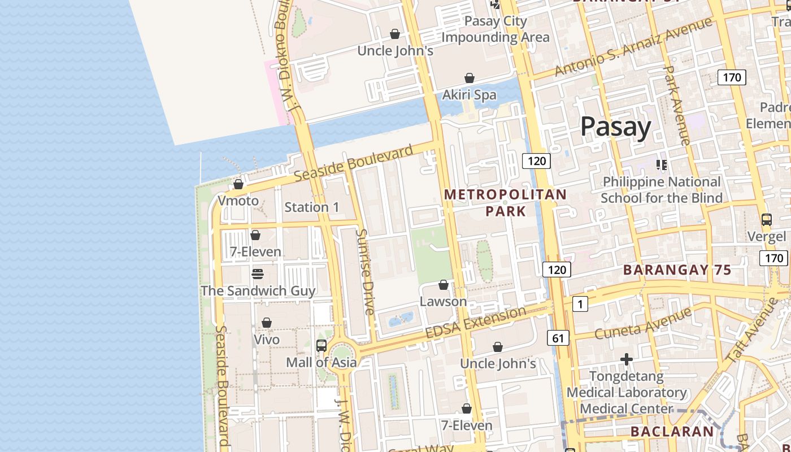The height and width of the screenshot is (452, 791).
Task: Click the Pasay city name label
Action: coord(616,127)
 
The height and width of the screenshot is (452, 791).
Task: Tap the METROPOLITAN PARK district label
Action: coord(505,203)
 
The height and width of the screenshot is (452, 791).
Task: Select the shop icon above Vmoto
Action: coord(238,184)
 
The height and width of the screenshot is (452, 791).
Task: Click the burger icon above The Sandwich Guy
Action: coord(258,274)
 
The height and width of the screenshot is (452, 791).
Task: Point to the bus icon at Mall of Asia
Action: coord(321,345)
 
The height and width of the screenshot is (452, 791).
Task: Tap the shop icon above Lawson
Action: coord(444,285)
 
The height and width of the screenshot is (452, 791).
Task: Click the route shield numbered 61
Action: coord(558,338)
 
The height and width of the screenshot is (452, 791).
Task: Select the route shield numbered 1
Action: coord(580,304)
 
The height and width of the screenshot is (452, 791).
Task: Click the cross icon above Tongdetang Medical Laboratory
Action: coord(626,359)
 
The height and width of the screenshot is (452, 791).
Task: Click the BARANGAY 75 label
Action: coord(677,270)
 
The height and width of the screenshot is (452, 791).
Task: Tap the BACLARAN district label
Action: coord(672,432)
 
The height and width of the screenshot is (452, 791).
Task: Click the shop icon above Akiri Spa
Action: coord(469,78)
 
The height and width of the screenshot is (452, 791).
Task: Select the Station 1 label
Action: coord(311,207)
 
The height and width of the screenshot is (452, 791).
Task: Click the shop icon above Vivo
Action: coord(267,323)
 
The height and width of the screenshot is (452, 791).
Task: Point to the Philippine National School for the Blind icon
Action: coord(661,165)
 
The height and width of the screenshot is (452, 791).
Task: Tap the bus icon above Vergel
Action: coord(766,220)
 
